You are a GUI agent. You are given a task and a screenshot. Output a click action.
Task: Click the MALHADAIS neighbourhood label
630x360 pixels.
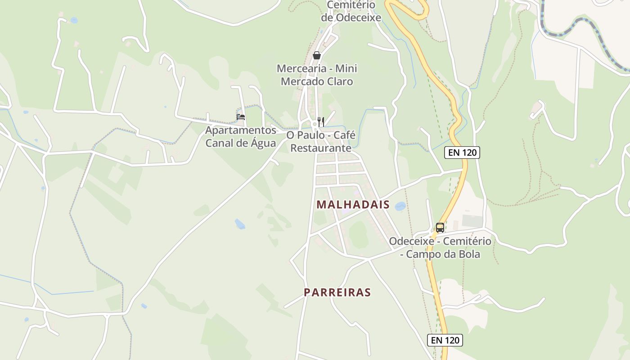pyautogui.click(x=353, y=204)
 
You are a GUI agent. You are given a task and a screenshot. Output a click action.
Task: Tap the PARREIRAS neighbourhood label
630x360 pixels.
pyautogui.click(x=337, y=292)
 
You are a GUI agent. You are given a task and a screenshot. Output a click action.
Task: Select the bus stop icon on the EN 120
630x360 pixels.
pyautogui.click(x=440, y=228)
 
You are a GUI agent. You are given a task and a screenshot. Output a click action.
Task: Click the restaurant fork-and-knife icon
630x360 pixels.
pyautogui.click(x=321, y=121)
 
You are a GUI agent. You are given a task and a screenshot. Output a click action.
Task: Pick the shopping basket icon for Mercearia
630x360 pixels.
pyautogui.click(x=317, y=55)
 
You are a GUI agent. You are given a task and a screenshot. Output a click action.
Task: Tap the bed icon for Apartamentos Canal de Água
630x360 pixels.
pyautogui.click(x=241, y=117)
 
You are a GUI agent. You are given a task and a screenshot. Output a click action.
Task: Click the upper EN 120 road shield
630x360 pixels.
pyautogui.click(x=462, y=153)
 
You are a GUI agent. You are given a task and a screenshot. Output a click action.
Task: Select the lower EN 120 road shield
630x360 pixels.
pyautogui.click(x=445, y=340)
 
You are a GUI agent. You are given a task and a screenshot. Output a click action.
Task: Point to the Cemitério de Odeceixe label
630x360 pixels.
pyautogui.click(x=351, y=11)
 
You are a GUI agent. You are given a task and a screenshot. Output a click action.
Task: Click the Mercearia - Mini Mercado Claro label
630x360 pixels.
pyautogui.click(x=317, y=75)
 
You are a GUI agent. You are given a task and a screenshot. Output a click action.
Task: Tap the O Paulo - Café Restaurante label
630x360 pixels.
pyautogui.click(x=321, y=141)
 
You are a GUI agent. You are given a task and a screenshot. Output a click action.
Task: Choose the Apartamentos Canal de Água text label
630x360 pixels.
pyautogui.click(x=241, y=137)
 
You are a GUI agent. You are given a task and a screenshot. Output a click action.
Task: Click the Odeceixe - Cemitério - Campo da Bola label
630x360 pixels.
pyautogui.click(x=440, y=247)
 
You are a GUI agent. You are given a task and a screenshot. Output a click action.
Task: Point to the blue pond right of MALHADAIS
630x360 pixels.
pyautogui.click(x=400, y=206)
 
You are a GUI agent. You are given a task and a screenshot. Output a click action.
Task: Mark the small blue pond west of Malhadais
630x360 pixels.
pyautogui.click(x=240, y=224)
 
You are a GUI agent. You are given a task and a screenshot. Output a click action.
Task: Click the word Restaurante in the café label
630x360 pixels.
pyautogui.click(x=321, y=148)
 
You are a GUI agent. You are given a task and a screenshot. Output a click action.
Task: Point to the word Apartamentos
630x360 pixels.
pyautogui.click(x=241, y=130)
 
